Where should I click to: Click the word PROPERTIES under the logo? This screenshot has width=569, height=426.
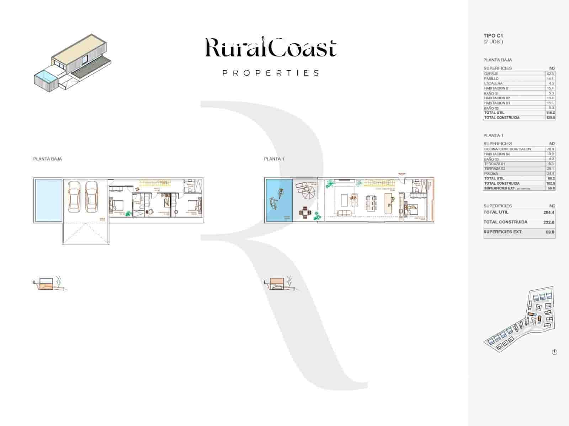270,73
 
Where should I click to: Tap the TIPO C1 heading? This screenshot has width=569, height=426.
493,35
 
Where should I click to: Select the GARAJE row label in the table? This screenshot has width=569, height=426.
491,73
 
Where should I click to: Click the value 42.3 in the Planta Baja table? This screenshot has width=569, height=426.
550,73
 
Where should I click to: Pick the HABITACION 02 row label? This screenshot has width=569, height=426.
497,98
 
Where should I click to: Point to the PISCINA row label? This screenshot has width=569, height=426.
491,174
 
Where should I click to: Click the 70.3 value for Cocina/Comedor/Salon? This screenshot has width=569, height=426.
550,149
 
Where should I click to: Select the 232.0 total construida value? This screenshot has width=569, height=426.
549,222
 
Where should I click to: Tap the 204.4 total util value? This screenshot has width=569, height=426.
549,212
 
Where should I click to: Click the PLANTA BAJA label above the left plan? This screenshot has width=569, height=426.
47,159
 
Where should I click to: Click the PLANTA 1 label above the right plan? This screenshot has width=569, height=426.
274,159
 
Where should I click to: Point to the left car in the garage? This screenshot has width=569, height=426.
74,196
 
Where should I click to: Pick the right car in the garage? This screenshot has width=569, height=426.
91,196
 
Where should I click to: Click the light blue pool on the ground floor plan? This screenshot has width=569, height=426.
48,201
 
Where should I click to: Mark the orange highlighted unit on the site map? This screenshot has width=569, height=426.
531,315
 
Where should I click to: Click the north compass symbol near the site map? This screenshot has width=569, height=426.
554,352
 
